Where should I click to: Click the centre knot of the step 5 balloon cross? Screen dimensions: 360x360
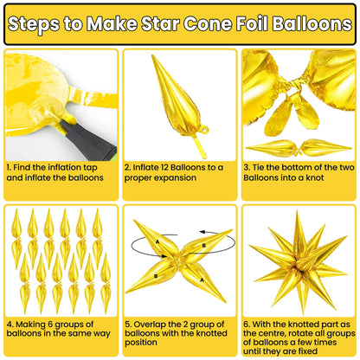pos(179,265)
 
